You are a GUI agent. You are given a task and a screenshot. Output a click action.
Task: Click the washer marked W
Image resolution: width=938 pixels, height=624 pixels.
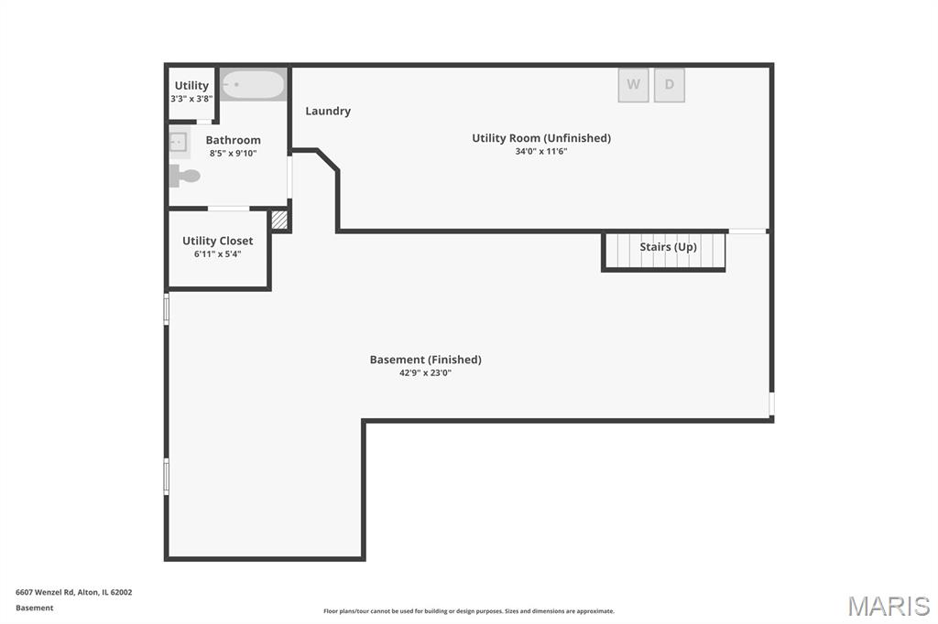tap(634, 85)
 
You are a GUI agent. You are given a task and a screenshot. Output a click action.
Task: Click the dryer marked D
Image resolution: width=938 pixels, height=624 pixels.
tap(670, 85)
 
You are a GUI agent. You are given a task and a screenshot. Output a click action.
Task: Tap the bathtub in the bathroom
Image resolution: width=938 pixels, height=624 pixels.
tap(253, 85)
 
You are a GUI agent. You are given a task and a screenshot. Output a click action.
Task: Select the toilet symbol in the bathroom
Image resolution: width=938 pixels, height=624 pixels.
tap(184, 176)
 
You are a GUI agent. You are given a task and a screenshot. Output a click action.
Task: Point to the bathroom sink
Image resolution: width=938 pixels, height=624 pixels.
tap(180, 142)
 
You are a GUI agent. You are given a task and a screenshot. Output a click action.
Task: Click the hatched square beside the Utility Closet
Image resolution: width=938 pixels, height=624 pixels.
tap(279, 220)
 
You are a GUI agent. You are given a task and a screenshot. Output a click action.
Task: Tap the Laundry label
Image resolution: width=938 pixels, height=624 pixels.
tap(328, 112)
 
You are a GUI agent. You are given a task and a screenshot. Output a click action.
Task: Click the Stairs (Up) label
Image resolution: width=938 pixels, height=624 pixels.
tap(668, 247)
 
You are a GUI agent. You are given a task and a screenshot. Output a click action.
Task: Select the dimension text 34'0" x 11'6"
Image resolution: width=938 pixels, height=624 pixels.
tap(541, 151)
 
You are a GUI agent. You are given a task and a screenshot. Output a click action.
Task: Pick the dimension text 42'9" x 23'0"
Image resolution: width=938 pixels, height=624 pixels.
tap(425, 372)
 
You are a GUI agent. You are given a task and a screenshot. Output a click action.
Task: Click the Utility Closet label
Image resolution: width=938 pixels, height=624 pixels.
tap(218, 241)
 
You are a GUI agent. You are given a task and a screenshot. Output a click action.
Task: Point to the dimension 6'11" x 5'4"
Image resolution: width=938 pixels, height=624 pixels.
tap(218, 254)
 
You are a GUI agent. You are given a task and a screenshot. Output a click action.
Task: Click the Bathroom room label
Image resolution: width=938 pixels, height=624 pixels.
tap(234, 140)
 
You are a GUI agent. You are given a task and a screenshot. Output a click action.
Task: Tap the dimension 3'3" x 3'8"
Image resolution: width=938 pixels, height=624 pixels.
tap(191, 99)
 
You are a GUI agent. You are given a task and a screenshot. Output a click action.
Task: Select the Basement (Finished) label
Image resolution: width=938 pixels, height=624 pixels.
tap(425, 360)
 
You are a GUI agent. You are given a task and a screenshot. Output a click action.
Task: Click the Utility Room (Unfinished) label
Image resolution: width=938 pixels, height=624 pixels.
tap(541, 138)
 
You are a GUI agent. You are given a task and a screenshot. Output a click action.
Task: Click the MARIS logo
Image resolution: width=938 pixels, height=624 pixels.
tap(889, 606)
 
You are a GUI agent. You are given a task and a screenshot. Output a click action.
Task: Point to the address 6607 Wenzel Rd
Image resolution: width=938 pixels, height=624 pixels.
tap(45, 592)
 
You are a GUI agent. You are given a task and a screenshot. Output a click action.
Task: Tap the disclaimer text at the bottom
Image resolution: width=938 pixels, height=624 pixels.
tap(469, 611)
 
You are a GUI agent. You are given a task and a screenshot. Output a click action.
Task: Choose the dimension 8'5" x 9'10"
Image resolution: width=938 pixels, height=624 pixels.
tap(234, 153)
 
